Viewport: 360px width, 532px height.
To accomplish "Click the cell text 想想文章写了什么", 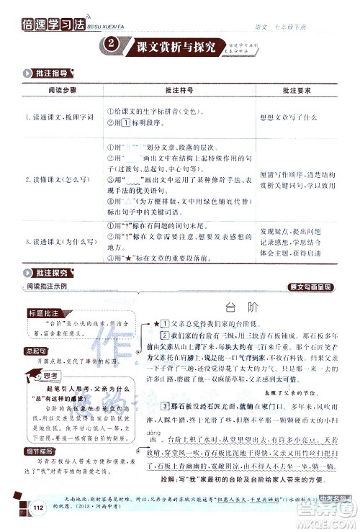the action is coord(287,117).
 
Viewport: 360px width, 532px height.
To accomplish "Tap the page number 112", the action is coord(38,510).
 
